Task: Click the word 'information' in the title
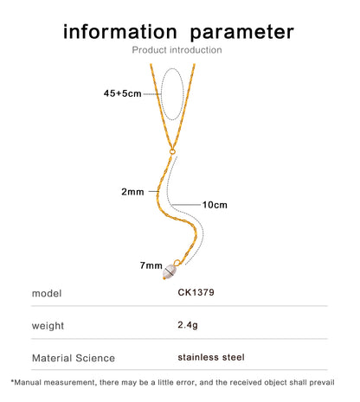(x=120, y=31)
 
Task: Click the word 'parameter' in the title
(x=242, y=33)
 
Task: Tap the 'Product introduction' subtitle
(x=177, y=50)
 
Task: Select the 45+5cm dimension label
(x=122, y=93)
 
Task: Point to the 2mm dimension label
(x=132, y=192)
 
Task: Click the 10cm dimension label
(x=215, y=205)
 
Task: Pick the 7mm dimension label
(x=151, y=265)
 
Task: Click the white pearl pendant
(x=170, y=271)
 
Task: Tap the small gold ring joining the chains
(x=172, y=151)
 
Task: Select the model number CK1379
(x=196, y=292)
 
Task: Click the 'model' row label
(x=47, y=293)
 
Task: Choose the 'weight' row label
(x=48, y=326)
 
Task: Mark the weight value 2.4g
(x=188, y=325)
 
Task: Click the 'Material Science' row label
(x=74, y=358)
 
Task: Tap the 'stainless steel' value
(x=211, y=357)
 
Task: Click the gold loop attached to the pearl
(x=177, y=263)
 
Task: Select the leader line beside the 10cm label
(x=186, y=205)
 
